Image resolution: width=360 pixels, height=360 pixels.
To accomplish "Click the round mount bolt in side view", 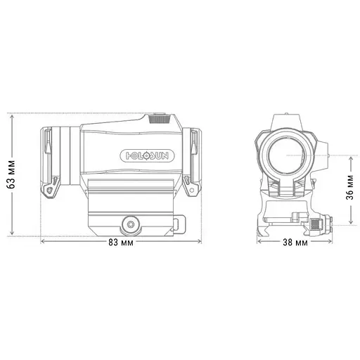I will pos(129,224).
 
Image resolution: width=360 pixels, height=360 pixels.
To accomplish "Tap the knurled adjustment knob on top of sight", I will pos(160,119).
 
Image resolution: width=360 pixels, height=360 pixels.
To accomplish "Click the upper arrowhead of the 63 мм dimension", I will pos(12,115).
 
